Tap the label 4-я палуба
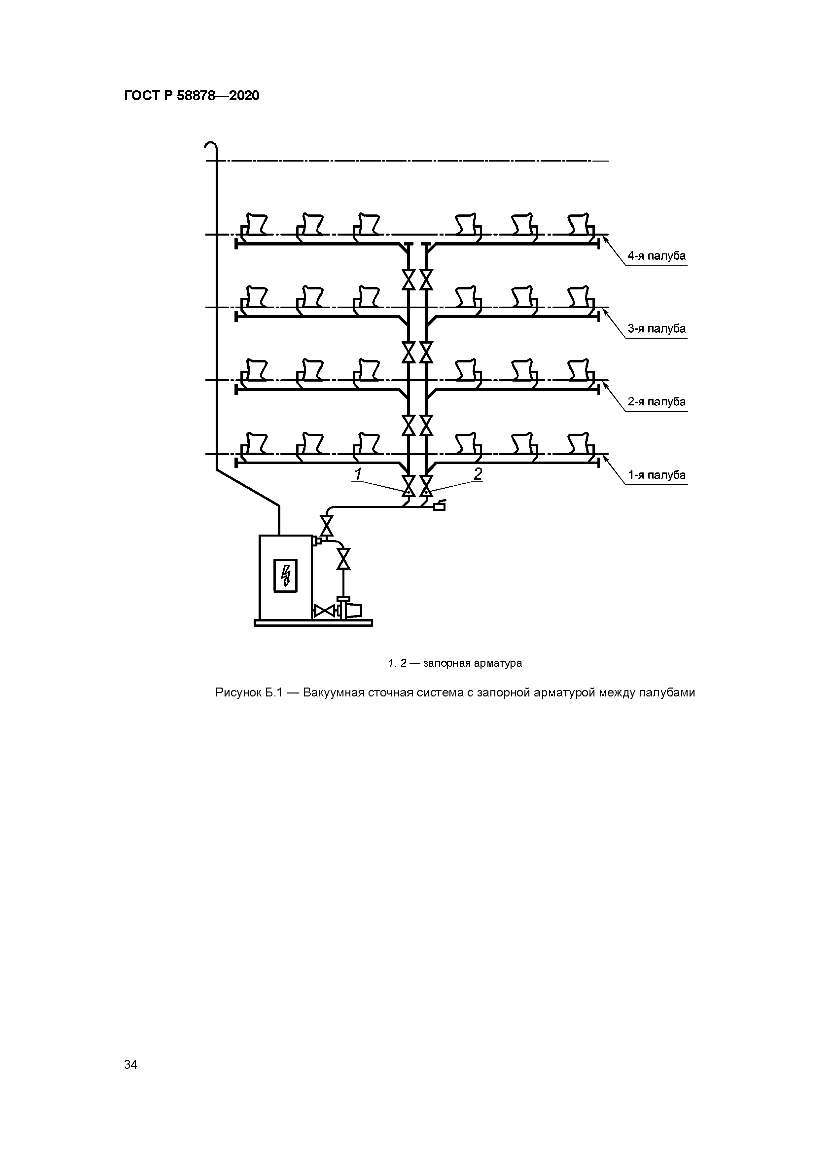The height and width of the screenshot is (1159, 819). pos(656,256)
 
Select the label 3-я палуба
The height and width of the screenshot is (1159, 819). pos(656,329)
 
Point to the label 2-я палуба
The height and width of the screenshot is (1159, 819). pos(656,402)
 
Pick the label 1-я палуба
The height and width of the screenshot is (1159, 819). pos(656,475)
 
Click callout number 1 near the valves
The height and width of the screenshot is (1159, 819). pos(358,474)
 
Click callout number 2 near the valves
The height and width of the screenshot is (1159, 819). pos(478,474)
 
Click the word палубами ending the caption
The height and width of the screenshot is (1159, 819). pos(667,692)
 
